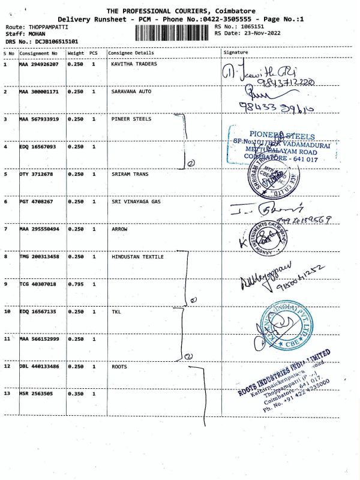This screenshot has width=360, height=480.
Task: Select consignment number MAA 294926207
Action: (x=41, y=64)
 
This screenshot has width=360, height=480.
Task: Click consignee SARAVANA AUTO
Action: (x=131, y=91)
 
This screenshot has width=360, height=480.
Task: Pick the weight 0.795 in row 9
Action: (x=76, y=284)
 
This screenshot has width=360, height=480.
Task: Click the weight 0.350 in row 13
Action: (x=76, y=394)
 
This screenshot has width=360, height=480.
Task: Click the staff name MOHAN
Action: (x=37, y=34)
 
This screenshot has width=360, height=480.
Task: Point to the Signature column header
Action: (x=235, y=53)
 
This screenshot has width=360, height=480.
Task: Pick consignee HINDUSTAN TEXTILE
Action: (x=137, y=256)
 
